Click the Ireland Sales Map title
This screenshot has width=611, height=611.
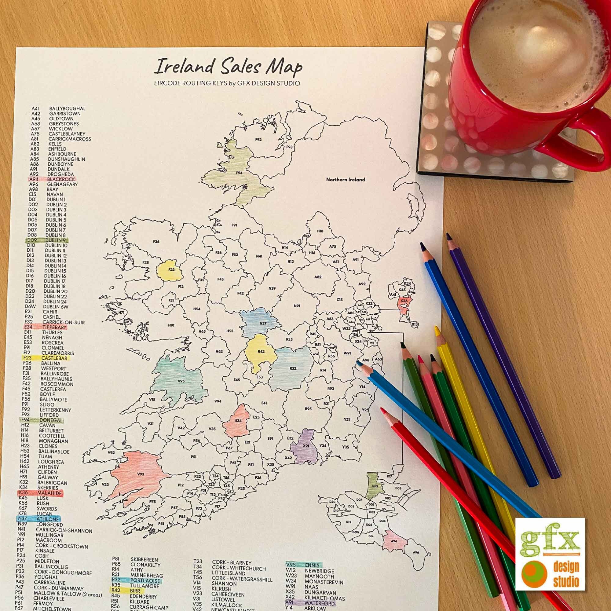pos(228,67)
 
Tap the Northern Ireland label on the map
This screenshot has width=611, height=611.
pos(345,179)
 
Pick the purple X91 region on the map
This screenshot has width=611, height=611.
pos(305,447)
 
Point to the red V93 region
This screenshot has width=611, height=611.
pos(137,474)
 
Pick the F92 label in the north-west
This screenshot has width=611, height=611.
pos(258,139)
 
